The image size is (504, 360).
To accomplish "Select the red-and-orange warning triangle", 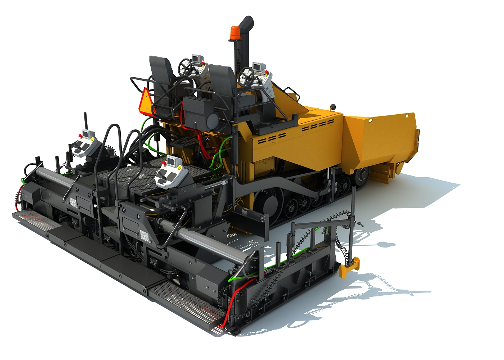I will tap(145, 100).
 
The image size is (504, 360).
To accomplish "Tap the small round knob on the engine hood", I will tap(332, 107).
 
